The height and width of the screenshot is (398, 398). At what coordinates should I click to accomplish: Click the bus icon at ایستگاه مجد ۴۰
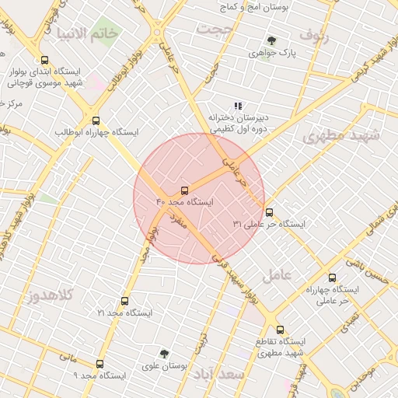point(184,190)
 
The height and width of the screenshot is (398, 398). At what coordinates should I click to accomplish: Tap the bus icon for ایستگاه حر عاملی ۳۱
point(269,212)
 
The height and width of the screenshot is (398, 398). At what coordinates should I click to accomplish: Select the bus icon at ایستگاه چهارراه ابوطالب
point(96,121)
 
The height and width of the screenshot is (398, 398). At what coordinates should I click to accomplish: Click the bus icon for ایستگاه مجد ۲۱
point(124,301)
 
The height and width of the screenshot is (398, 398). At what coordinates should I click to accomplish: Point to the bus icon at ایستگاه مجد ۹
point(99,364)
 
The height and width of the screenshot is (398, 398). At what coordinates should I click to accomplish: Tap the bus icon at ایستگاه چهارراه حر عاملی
point(333,278)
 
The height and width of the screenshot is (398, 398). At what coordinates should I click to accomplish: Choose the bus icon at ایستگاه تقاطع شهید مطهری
point(280,330)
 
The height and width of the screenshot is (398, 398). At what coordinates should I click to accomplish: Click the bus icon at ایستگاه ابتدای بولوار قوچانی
point(44,61)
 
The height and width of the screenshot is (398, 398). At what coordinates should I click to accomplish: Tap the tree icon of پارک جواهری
point(271,41)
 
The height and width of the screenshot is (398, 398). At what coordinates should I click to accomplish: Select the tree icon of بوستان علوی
point(163,354)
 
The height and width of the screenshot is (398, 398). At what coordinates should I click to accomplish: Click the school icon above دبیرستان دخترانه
point(238,106)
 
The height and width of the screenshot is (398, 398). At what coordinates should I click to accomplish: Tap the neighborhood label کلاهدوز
point(51,296)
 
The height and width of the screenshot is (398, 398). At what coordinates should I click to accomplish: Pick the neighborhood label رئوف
point(314,34)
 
